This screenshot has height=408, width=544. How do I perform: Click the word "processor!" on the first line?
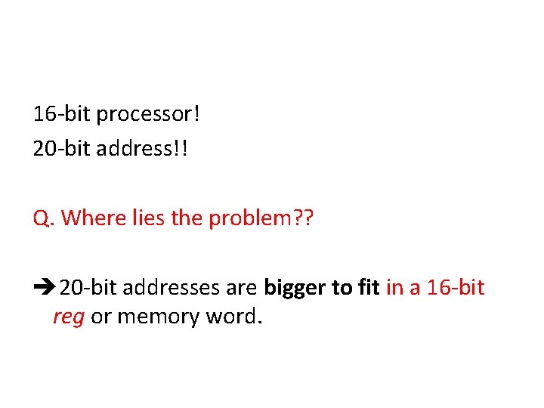point(149,115)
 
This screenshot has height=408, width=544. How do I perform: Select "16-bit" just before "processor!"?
point(62,115)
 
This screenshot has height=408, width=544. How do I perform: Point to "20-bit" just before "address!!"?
point(63,149)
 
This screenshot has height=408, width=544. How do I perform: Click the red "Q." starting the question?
point(43,218)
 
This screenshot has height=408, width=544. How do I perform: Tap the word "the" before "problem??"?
point(187,218)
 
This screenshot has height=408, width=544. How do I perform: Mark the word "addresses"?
point(172,288)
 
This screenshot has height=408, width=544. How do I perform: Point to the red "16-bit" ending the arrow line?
point(456,288)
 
